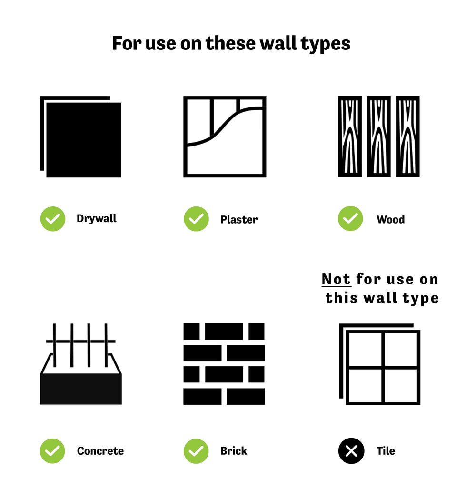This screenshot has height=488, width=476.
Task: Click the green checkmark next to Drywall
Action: pos(53,219)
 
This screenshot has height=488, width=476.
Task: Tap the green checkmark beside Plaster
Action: pos(196,219)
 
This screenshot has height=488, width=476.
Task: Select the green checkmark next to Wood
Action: pos(350,218)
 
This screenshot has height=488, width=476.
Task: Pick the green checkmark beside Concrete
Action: pos(52,451)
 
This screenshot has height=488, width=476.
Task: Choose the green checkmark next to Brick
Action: pos(196,451)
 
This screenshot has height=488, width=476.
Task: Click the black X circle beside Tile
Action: pos(351,451)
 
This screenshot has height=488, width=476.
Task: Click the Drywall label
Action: pos(97,219)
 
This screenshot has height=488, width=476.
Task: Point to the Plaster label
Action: pos(239,219)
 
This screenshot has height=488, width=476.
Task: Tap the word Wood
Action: pos(391,219)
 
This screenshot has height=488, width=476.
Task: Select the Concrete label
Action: pos(100,451)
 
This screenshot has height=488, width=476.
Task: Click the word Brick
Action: pos(234,451)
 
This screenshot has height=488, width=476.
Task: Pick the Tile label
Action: pos(386,451)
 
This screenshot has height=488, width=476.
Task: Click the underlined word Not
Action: pos(336,279)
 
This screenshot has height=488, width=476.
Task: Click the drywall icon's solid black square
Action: pos(84,140)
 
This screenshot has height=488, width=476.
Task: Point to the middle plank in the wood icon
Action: pos(379,137)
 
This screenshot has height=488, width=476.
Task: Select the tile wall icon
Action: pos(380,364)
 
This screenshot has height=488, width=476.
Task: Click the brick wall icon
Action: pos(224,364)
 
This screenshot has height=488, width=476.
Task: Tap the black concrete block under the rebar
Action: pos(81,389)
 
